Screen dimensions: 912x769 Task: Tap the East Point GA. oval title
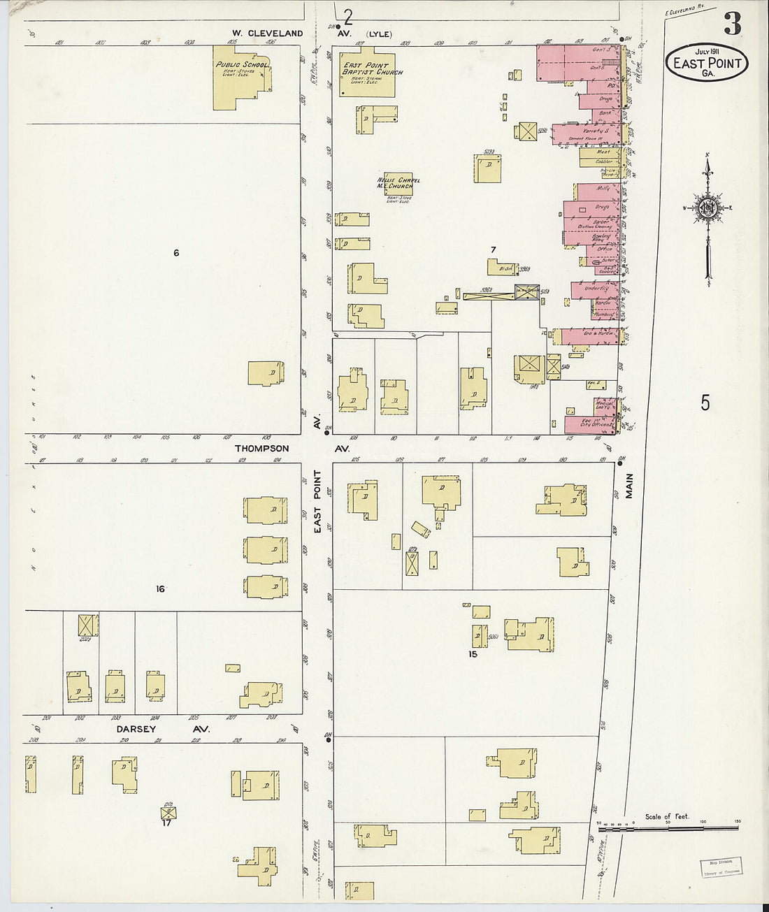coord(707,64)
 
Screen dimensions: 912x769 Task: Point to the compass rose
coord(707,208)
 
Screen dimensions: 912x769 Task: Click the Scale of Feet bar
coord(667,828)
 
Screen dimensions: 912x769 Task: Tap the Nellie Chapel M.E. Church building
coord(398,184)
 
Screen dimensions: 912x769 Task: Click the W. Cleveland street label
coord(268,34)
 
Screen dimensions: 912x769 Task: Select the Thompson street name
coord(261,449)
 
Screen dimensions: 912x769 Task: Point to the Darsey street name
coord(136,729)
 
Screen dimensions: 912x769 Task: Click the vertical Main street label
coord(629,486)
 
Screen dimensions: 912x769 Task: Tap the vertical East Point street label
coord(317,502)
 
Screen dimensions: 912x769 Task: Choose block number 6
coord(176,253)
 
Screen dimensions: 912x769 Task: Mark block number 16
coord(160,589)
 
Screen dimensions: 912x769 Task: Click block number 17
coord(166,823)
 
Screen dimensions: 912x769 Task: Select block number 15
coord(473,655)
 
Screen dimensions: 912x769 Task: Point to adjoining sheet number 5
coord(705,403)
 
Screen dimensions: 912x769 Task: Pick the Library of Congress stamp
coord(721,867)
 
